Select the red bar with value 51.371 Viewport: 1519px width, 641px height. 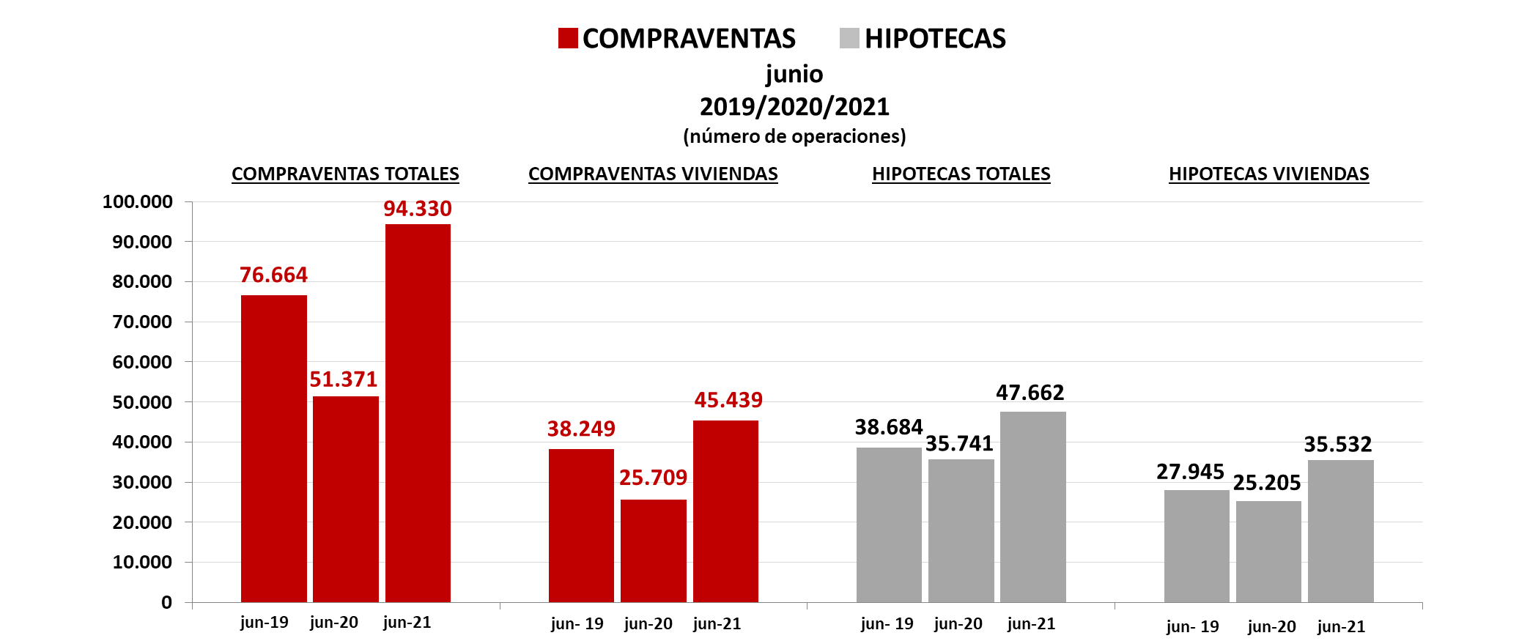[346, 499]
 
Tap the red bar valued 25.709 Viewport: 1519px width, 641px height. [654, 550]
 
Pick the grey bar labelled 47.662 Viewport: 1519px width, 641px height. [1032, 506]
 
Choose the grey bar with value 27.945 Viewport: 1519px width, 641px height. [1197, 546]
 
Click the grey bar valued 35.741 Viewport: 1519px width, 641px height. [961, 530]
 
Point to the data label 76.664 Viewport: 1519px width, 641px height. [273, 275]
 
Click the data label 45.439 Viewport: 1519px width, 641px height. [728, 400]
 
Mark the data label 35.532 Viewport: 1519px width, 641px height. [1337, 445]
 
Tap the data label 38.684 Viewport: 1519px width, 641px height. [888, 427]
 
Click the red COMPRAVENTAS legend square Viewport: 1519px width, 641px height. [568, 38]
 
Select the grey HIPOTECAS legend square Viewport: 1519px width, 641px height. [849, 38]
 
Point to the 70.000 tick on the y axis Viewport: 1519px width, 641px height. [142, 322]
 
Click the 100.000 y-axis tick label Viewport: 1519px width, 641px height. [138, 201]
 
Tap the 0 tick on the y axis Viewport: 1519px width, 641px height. [166, 602]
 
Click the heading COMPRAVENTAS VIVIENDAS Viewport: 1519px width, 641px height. [653, 174]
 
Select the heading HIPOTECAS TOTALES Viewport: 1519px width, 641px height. [961, 174]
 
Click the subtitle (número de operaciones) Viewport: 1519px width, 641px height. [794, 136]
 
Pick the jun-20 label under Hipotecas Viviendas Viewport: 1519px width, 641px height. [1271, 626]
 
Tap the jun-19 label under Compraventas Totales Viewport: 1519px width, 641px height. [264, 622]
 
